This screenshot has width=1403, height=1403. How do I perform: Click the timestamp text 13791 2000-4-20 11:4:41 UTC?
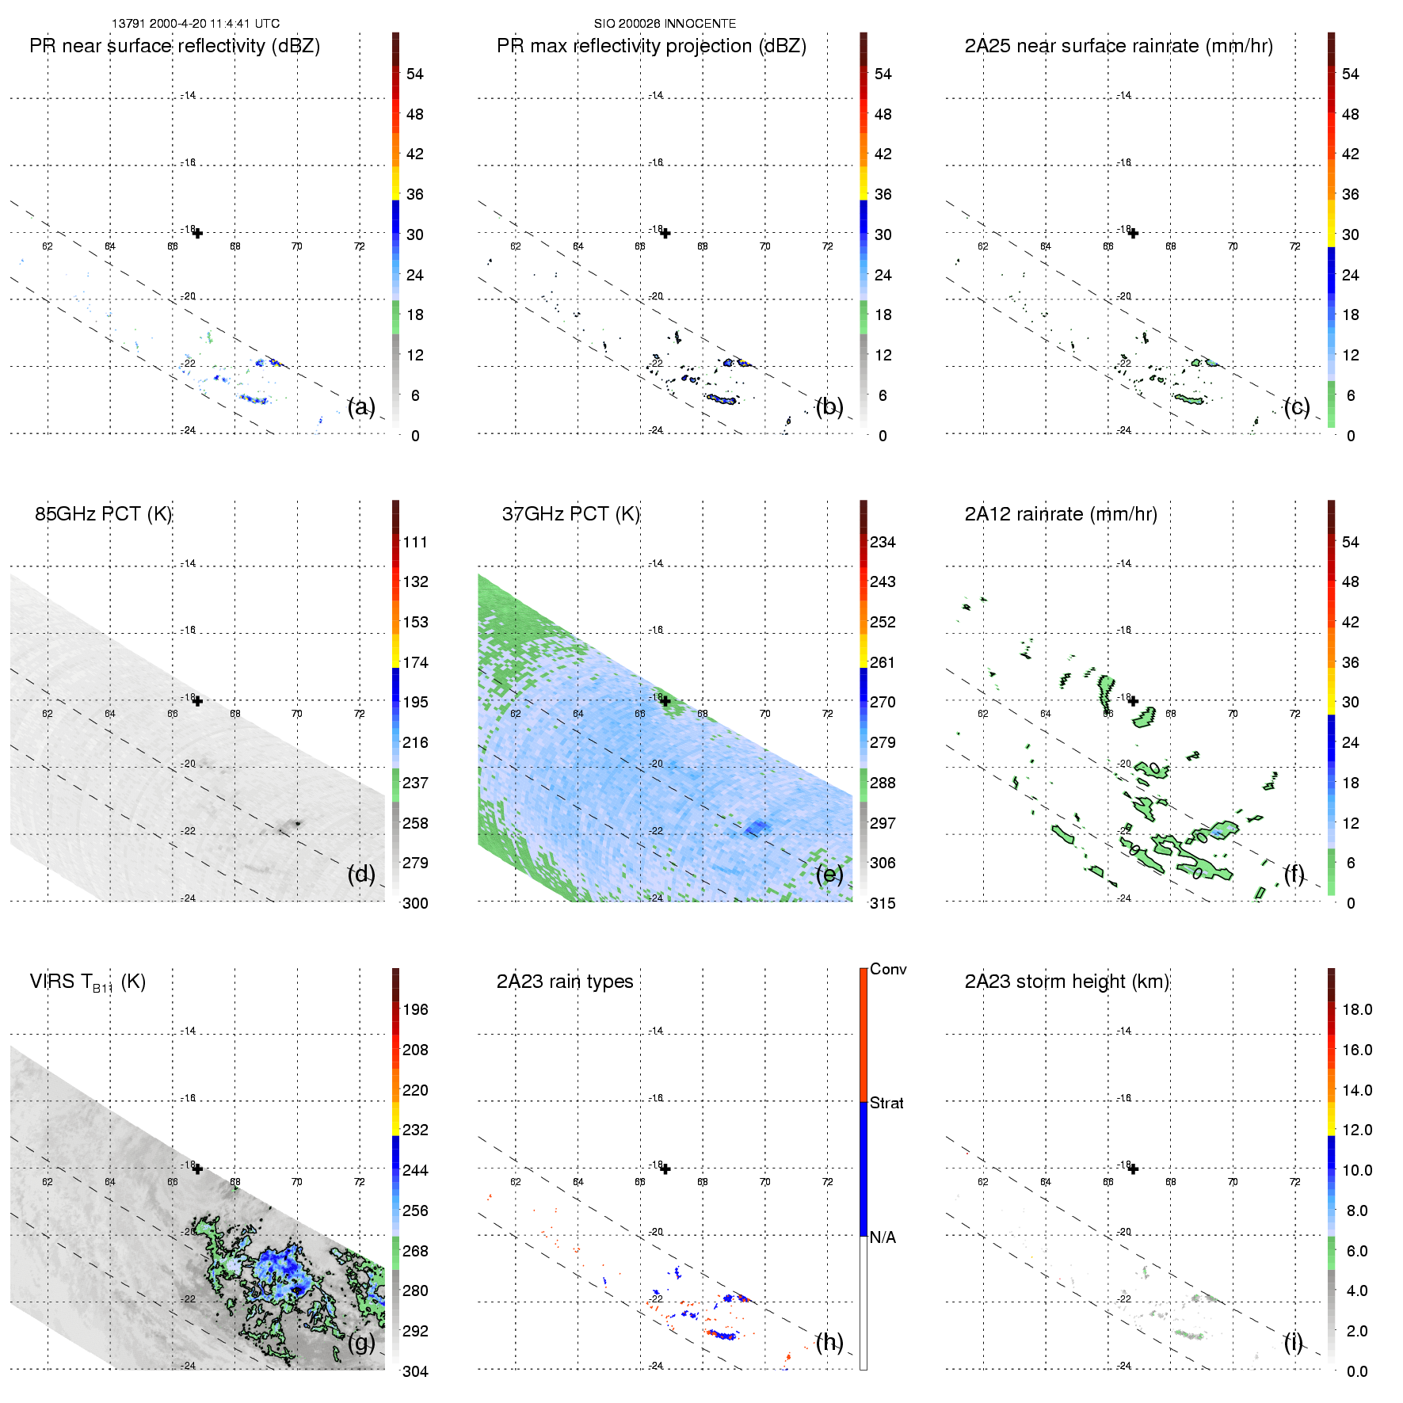[196, 24]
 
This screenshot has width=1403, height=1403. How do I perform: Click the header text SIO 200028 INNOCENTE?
[665, 24]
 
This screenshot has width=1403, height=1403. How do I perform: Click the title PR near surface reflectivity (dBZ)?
[174, 46]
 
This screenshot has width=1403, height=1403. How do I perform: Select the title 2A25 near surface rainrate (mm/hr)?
[1119, 46]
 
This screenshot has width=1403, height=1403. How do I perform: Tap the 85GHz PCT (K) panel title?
[103, 514]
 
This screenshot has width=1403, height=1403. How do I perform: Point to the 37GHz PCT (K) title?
[570, 514]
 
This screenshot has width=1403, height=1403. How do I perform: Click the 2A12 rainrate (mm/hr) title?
[1061, 514]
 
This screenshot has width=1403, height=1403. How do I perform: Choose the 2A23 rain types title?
[565, 982]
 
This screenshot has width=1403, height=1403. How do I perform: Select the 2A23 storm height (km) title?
[1067, 982]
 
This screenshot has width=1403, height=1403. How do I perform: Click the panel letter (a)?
[361, 407]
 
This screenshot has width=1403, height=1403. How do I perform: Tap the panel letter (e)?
[829, 875]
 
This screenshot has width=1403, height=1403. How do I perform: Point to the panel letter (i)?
[1294, 1342]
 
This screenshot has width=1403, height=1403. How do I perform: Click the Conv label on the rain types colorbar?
[888, 969]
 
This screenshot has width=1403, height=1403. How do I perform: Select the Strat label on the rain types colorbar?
[886, 1103]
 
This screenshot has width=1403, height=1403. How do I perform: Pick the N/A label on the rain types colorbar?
[883, 1237]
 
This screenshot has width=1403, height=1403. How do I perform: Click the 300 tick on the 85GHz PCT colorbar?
[415, 903]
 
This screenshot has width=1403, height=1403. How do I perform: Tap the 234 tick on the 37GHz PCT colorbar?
[883, 542]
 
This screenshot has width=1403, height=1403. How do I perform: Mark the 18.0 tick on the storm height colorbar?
[1357, 1009]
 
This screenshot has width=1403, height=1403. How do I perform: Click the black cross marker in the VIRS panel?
[198, 1169]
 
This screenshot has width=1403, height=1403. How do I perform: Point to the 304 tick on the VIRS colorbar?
[415, 1371]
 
